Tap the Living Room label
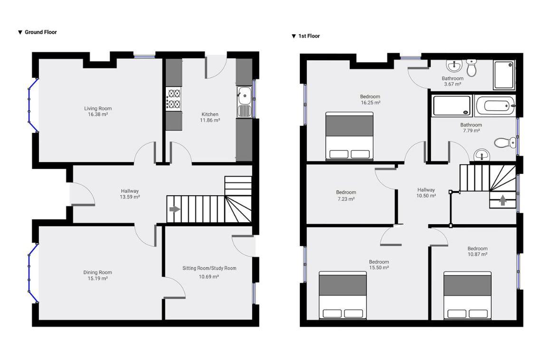pyautogui.click(x=98, y=108)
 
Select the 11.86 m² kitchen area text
pyautogui.click(x=210, y=121)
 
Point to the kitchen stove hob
pyautogui.click(x=173, y=99)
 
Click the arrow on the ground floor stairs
pyautogui.click(x=174, y=209)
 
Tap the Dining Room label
pyautogui.click(x=97, y=273)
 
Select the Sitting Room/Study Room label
pyautogui.click(x=209, y=268)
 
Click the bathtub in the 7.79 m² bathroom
pyautogui.click(x=495, y=106)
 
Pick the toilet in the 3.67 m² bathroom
pyautogui.click(x=471, y=68)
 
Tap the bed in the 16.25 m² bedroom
pyautogui.click(x=349, y=135)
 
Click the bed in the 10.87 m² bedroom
pyautogui.click(x=467, y=295)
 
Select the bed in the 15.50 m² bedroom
pyautogui.click(x=343, y=295)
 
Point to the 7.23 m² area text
pyautogui.click(x=345, y=199)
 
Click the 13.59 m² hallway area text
pyautogui.click(x=130, y=197)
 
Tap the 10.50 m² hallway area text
pyautogui.click(x=426, y=196)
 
